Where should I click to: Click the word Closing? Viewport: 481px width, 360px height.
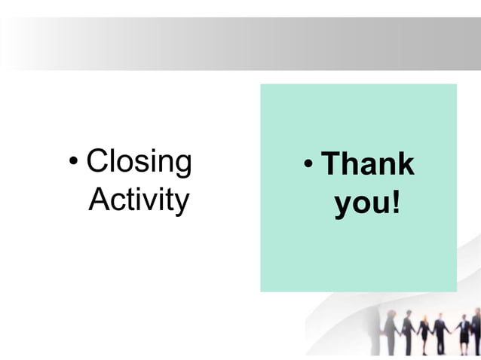tap(139, 162)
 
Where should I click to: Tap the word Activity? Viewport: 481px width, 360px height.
tap(139, 200)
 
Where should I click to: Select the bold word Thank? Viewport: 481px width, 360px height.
tap(368, 164)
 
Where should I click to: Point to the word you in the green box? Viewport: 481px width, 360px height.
tap(361, 204)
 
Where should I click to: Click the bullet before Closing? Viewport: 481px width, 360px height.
tap(73, 162)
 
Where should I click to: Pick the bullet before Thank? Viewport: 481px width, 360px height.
tap(308, 164)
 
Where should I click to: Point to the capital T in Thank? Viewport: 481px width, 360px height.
tap(331, 163)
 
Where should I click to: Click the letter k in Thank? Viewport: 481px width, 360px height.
tap(406, 163)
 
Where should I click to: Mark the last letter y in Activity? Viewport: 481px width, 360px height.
tap(181, 203)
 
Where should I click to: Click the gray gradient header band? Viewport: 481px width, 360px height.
tap(240, 44)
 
